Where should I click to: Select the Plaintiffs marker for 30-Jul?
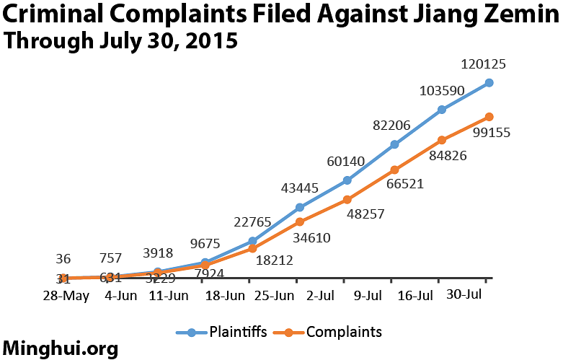click(x=489, y=83)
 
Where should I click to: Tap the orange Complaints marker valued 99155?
click(x=489, y=117)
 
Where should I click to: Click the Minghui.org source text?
click(x=61, y=348)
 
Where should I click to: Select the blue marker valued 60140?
click(x=347, y=180)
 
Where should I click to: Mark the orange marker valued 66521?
click(x=395, y=170)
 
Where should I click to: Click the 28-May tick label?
click(x=65, y=296)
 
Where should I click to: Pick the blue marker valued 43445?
click(x=300, y=208)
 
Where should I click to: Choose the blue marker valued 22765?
click(x=252, y=241)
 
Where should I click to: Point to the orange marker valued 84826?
click(x=442, y=140)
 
